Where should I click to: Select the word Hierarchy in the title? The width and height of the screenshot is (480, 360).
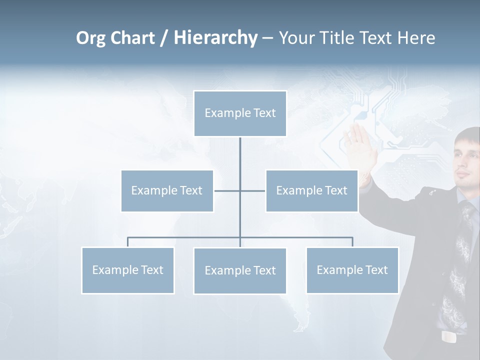215,38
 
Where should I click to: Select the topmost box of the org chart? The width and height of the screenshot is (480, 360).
240,113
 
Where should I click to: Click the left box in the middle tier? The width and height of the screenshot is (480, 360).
167,190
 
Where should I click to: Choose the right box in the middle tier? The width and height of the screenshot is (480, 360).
311,190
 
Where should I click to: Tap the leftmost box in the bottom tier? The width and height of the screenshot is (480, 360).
127,270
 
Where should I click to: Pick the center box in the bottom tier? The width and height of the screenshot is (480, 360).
240,270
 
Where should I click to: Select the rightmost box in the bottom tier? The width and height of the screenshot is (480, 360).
352,270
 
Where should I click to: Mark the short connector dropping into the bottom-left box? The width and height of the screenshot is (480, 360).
127,242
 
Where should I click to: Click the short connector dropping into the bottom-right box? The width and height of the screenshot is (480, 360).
352,242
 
